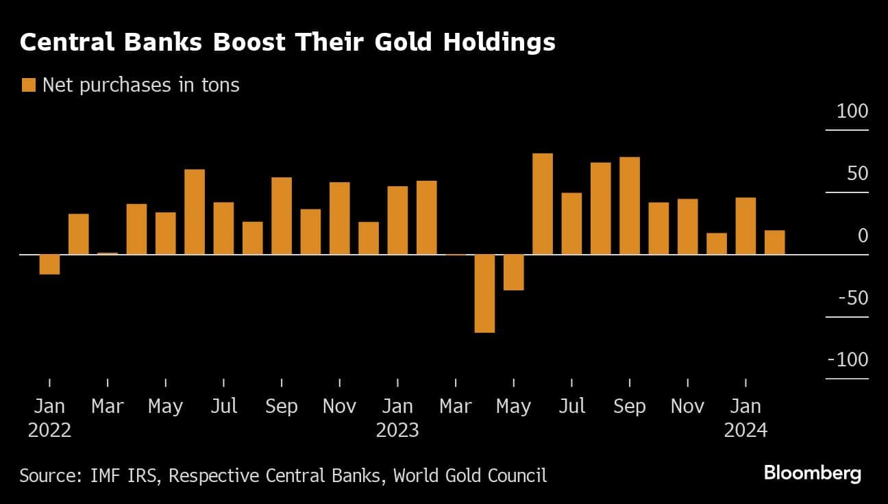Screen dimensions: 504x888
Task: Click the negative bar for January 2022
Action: [x=49, y=264]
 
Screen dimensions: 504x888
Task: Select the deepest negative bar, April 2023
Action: [x=484, y=293]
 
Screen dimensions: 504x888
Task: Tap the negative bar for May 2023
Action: [x=513, y=273]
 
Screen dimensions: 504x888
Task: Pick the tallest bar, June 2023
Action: [x=543, y=204]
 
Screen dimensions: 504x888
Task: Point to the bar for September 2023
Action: [x=630, y=206]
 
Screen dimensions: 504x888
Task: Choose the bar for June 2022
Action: [x=195, y=212]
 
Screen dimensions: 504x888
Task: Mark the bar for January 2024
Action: [x=745, y=226]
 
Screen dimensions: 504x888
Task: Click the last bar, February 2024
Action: [x=775, y=242]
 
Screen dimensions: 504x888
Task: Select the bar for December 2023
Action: [x=717, y=244]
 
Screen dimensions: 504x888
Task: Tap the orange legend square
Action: [x=29, y=85]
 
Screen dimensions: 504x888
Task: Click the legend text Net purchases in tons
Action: [x=141, y=85]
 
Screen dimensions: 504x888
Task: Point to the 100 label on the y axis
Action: [x=852, y=111]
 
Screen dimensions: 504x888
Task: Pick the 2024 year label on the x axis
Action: [x=745, y=431]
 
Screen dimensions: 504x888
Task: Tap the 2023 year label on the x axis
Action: [x=397, y=431]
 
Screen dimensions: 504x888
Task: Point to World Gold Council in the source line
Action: [x=470, y=475]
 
